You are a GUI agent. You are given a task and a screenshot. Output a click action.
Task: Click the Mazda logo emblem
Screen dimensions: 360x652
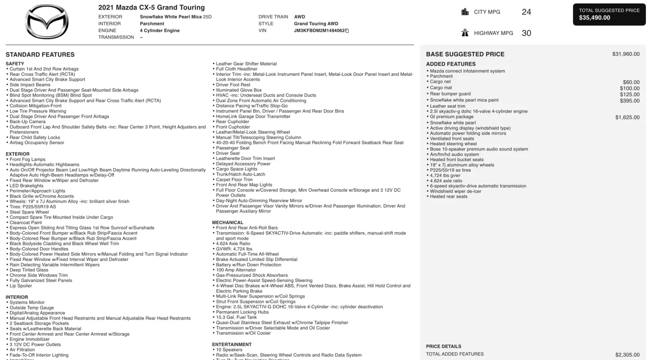[x=47, y=22]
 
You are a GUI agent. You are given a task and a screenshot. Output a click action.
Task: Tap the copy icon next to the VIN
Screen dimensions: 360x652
[x=347, y=31]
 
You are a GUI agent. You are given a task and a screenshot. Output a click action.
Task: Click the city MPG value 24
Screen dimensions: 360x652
[x=526, y=12]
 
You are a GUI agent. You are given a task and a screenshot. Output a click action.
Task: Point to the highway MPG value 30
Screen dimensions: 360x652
[x=526, y=33]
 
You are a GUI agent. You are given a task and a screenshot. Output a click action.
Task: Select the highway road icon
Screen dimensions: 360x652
[x=465, y=33]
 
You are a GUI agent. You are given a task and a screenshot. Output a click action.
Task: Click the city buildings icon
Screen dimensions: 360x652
[x=465, y=12]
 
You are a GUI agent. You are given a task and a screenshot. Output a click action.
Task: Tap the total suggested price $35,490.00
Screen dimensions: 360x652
[x=595, y=18]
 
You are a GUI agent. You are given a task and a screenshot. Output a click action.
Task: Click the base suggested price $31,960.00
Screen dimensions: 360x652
[x=626, y=54]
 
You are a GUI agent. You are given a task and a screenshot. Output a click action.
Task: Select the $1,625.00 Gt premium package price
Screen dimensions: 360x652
[x=627, y=117]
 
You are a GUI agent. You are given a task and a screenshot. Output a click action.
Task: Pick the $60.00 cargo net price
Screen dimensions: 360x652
[x=631, y=82]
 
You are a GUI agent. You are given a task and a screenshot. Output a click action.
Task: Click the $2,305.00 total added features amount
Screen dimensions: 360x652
[x=627, y=355]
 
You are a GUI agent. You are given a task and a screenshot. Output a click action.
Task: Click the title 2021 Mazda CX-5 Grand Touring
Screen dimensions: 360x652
[x=152, y=7]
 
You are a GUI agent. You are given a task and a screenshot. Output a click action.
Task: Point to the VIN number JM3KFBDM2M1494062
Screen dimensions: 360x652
[x=319, y=31]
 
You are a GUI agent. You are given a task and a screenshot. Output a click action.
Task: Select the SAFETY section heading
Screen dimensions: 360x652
[x=15, y=64]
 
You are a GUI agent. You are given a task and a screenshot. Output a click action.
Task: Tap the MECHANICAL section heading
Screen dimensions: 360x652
[x=227, y=223]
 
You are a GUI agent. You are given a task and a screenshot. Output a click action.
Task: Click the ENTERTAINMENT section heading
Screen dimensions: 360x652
[x=232, y=345]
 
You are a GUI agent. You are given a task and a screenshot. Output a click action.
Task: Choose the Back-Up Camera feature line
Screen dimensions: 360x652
[x=27, y=121]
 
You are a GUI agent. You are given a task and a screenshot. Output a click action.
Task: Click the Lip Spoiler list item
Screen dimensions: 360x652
[x=21, y=286]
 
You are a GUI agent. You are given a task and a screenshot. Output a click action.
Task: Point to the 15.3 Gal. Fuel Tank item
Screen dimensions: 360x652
[x=236, y=317]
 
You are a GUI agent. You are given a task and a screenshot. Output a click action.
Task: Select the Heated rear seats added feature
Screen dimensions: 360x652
[x=449, y=197]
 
